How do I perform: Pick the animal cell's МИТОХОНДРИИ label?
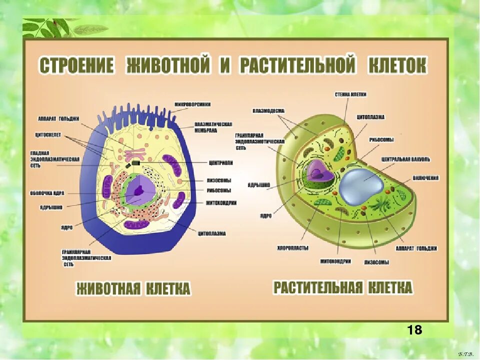[x=221, y=203]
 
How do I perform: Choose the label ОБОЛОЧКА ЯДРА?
[x=47, y=192]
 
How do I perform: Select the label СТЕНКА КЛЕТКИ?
[x=350, y=94]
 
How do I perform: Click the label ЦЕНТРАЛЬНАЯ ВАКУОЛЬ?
[x=405, y=159]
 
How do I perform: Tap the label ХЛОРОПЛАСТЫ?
[x=292, y=248]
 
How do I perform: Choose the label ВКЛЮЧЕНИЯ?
[x=425, y=177]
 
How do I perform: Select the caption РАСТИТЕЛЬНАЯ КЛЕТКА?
[x=342, y=287]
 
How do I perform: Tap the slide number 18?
[x=414, y=329]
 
